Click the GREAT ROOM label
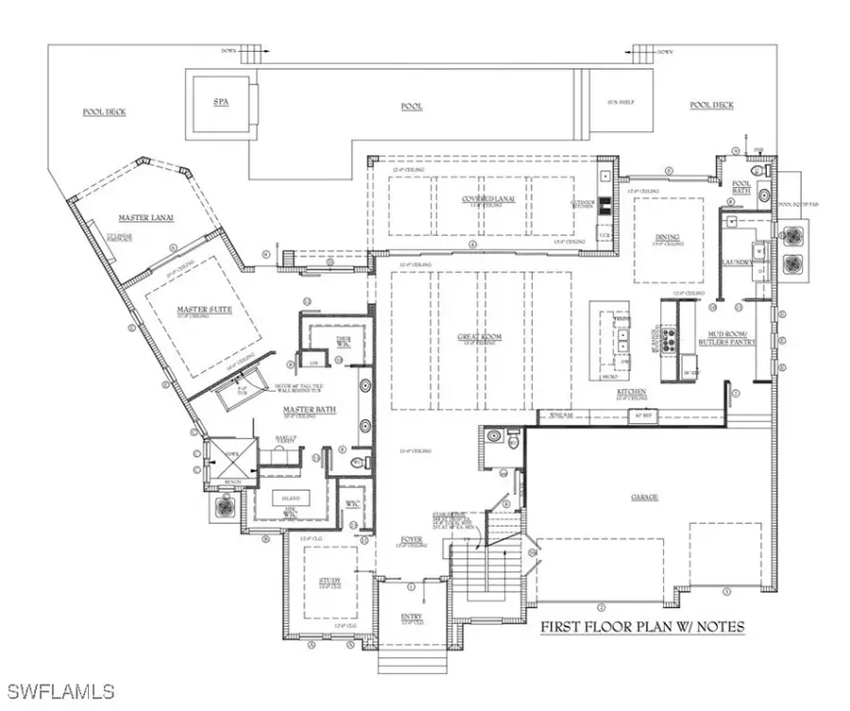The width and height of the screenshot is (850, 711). coord(478,336)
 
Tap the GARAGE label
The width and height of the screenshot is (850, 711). coord(645,497)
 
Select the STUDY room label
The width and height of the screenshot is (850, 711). coord(330,581)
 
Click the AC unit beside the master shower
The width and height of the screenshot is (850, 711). coord(224,506)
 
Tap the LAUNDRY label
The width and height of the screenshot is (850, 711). coord(734,262)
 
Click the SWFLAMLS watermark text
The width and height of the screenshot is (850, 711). coord(59,690)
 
